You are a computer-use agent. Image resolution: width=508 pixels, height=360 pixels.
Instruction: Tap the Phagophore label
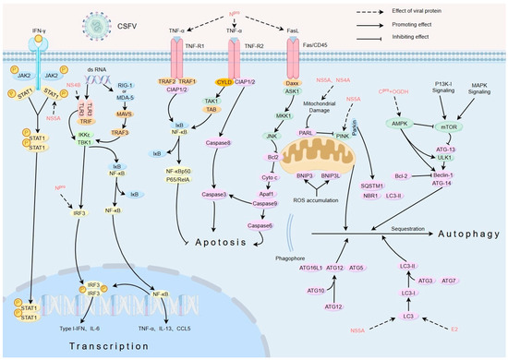pos(311,246)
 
